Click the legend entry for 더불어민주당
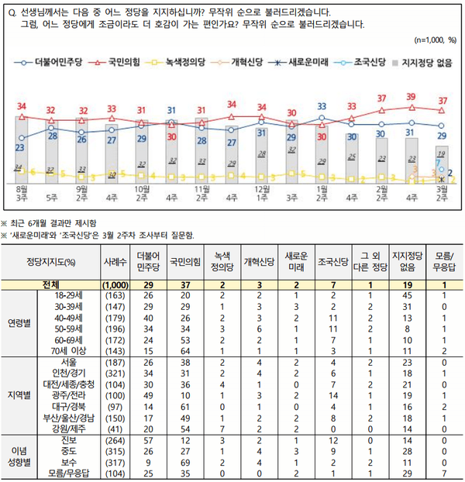click(46, 60)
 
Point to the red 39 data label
click(411, 96)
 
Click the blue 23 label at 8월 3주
click(19, 147)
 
